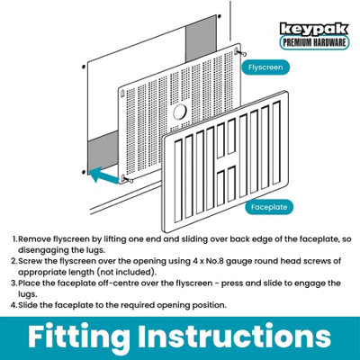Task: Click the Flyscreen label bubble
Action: click(265, 67)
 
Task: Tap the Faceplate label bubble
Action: click(269, 207)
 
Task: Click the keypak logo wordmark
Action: click(314, 30)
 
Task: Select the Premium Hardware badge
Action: click(314, 42)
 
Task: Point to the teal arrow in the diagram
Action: click(105, 175)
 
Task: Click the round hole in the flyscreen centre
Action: click(180, 112)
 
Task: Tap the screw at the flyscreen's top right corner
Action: click(240, 52)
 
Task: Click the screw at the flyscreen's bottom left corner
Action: click(127, 179)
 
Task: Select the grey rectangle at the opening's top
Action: click(201, 39)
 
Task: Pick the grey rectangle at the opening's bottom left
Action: click(103, 153)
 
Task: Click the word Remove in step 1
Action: click(35, 239)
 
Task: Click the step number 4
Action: click(13, 305)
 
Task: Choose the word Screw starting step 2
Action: click(31, 261)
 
